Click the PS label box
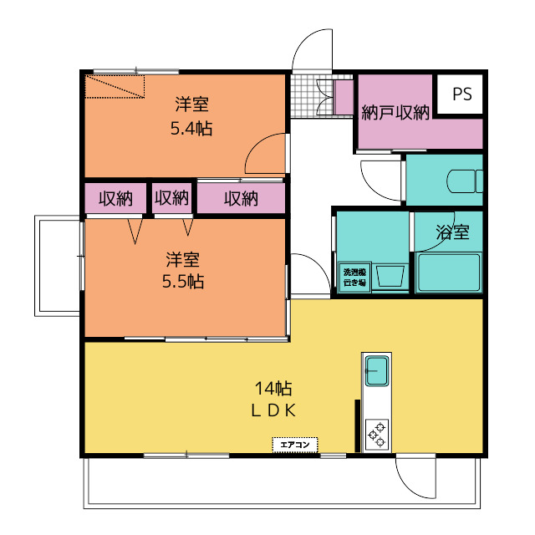(x=461, y=94)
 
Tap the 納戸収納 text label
(x=395, y=112)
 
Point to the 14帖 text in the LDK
(x=273, y=388)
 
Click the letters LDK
(x=273, y=410)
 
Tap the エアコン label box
(x=295, y=445)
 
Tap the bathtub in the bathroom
(x=449, y=271)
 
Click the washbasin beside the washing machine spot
(x=390, y=275)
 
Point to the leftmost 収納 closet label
(x=116, y=199)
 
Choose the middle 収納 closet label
(x=172, y=199)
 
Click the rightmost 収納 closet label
(x=241, y=199)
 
